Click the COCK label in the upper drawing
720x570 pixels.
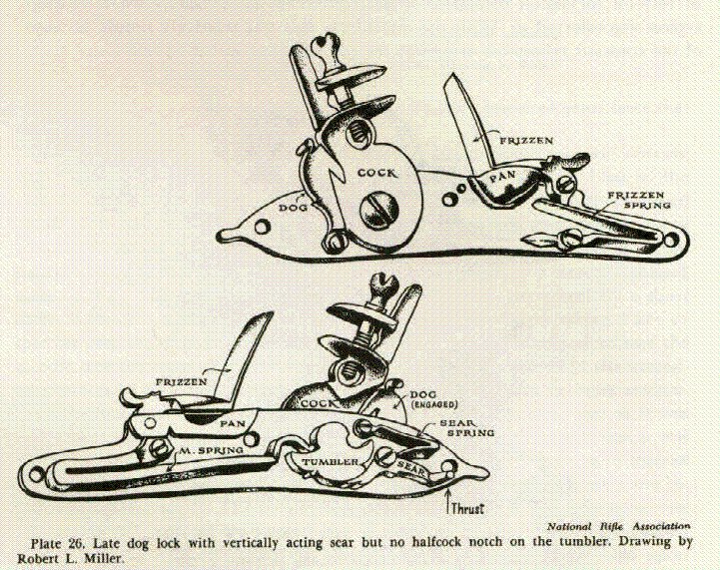coord(376,173)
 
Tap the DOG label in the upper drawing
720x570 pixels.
coord(294,208)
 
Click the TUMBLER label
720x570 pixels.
coord(330,462)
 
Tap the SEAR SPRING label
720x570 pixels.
coord(467,427)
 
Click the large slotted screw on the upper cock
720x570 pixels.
coord(378,209)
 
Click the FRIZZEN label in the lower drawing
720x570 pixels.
coord(182,382)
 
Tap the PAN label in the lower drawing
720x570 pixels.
coord(233,423)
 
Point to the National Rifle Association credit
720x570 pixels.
coord(618,526)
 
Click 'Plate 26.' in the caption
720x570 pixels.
coord(57,543)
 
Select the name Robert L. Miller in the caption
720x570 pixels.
coord(71,559)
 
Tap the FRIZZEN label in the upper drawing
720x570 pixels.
coord(526,141)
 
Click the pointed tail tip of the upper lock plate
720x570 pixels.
coord(219,235)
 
